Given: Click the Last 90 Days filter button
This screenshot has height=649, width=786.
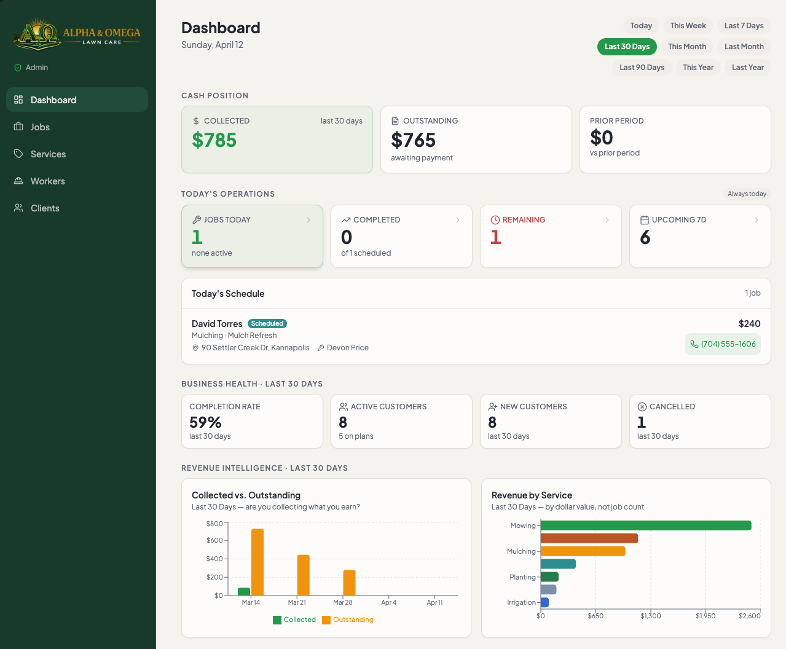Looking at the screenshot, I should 642,68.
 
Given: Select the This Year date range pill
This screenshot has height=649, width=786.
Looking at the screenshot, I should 698,68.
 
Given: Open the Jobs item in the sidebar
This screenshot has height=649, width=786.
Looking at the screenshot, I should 40,127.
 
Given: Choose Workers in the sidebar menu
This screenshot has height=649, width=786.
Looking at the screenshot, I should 47,181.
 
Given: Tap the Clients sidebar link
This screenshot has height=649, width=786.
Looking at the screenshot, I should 45,208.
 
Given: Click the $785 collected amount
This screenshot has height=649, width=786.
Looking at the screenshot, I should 214,140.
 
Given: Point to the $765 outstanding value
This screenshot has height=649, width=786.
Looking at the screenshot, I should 413,140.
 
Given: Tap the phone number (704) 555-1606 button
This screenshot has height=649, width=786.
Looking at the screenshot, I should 723,344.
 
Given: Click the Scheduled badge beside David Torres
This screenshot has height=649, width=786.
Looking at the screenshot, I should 267,323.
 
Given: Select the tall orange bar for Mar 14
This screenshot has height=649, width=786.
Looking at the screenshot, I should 257,562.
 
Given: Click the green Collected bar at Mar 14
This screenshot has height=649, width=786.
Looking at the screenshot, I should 244,592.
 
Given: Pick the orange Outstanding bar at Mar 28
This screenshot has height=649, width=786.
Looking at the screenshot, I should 349,583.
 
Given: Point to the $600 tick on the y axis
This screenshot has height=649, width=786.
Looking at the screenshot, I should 214,541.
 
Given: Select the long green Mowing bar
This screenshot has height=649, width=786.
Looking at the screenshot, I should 645,525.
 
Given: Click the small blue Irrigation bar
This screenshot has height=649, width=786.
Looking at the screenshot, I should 544,602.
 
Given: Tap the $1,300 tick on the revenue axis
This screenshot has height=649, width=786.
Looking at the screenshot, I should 650,616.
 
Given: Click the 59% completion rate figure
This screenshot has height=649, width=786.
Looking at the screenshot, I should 205,422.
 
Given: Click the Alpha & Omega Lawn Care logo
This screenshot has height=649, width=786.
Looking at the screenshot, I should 77,34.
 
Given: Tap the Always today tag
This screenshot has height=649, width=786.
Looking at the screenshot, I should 747,194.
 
